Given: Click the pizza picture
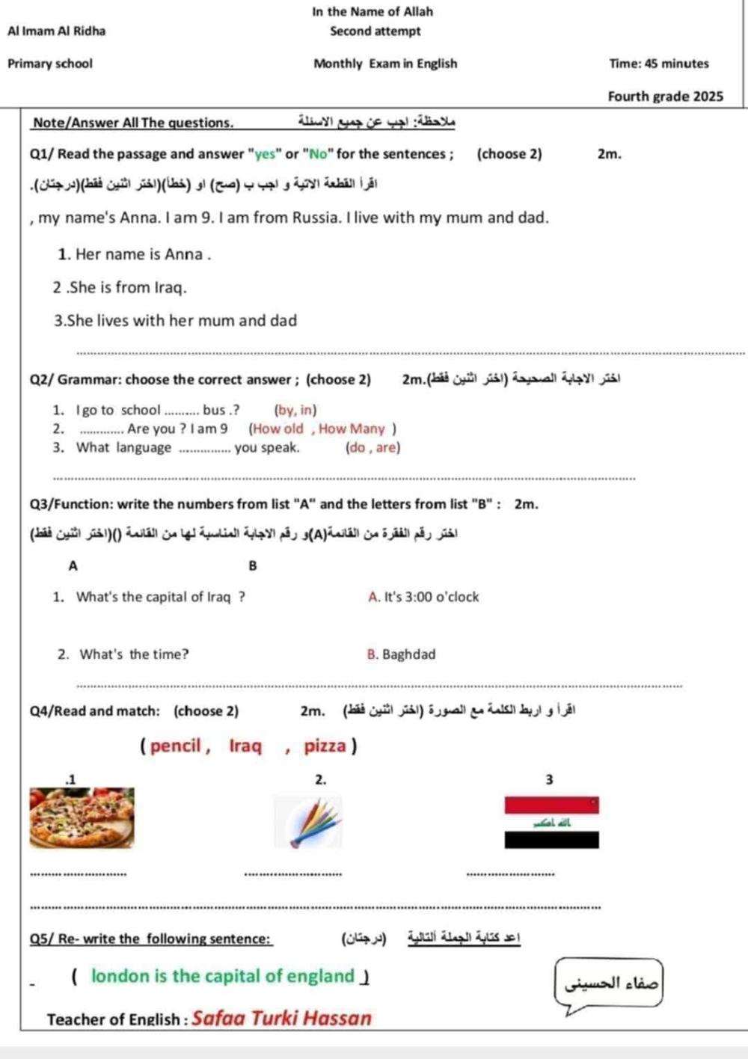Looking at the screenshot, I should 82,817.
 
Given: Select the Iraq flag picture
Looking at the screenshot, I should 551,823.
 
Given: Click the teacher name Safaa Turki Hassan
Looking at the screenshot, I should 281,1018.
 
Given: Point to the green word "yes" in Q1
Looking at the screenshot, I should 265,155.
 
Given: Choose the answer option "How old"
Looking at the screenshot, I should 278,429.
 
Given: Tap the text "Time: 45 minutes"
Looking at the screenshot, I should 659,64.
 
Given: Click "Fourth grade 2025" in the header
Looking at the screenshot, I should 665,96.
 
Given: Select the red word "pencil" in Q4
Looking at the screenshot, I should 176,746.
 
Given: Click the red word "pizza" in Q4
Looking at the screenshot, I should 325,746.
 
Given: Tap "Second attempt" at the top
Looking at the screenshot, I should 375,31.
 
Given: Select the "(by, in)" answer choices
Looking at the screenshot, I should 295,410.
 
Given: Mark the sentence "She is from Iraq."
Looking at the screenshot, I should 120,287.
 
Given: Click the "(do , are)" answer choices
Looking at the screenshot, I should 373,448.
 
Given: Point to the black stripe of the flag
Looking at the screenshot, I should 551,840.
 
